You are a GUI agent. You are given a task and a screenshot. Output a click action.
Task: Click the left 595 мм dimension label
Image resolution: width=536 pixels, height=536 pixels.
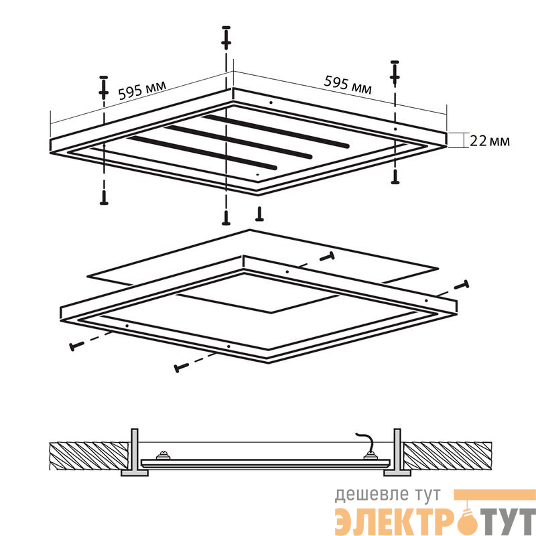(142, 90)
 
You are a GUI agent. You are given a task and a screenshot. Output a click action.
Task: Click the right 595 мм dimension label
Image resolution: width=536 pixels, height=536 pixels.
(348, 85)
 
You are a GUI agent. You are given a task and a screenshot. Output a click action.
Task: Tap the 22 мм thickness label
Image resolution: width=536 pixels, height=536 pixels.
(490, 141)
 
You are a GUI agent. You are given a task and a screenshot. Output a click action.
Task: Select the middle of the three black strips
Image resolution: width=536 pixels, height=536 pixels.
(239, 142)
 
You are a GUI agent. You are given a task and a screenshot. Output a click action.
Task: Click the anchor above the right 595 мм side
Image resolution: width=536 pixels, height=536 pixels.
(395, 72)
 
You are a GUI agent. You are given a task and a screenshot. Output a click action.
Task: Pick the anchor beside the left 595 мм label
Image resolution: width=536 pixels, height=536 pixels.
(104, 88)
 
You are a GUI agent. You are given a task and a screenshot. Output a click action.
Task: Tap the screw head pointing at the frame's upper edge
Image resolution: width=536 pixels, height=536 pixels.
(326, 257)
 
